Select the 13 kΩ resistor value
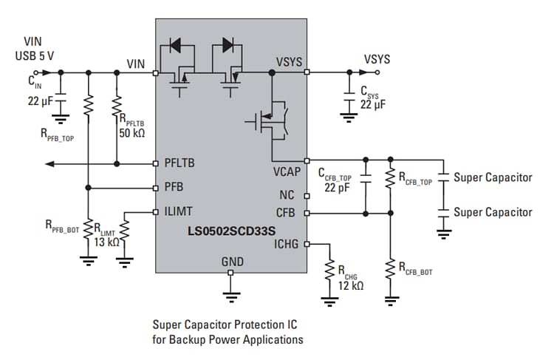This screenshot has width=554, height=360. (109, 242)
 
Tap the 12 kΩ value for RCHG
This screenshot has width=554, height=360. (350, 286)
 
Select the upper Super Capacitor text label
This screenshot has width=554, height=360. (492, 177)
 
